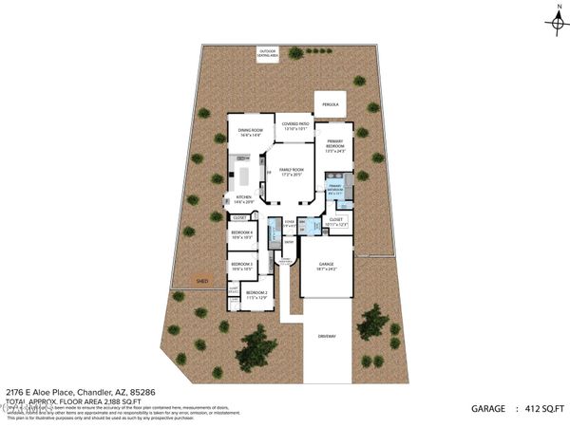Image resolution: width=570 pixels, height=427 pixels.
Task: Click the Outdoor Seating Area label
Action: point(267,54)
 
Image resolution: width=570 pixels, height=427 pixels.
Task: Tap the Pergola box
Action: point(331,104)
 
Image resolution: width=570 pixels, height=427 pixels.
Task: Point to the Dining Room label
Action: point(250,134)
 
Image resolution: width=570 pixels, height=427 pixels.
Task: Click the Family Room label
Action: point(291,172)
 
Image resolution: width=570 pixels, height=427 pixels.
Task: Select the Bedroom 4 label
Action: point(241,234)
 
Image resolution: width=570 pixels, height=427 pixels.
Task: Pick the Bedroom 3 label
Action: point(241,267)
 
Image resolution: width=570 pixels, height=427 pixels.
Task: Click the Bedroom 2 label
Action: point(256,294)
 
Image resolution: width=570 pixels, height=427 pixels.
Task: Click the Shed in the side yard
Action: point(202,281)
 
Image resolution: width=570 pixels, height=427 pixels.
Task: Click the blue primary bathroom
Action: point(335,190)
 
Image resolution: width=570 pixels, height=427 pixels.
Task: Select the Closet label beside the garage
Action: point(335,221)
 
